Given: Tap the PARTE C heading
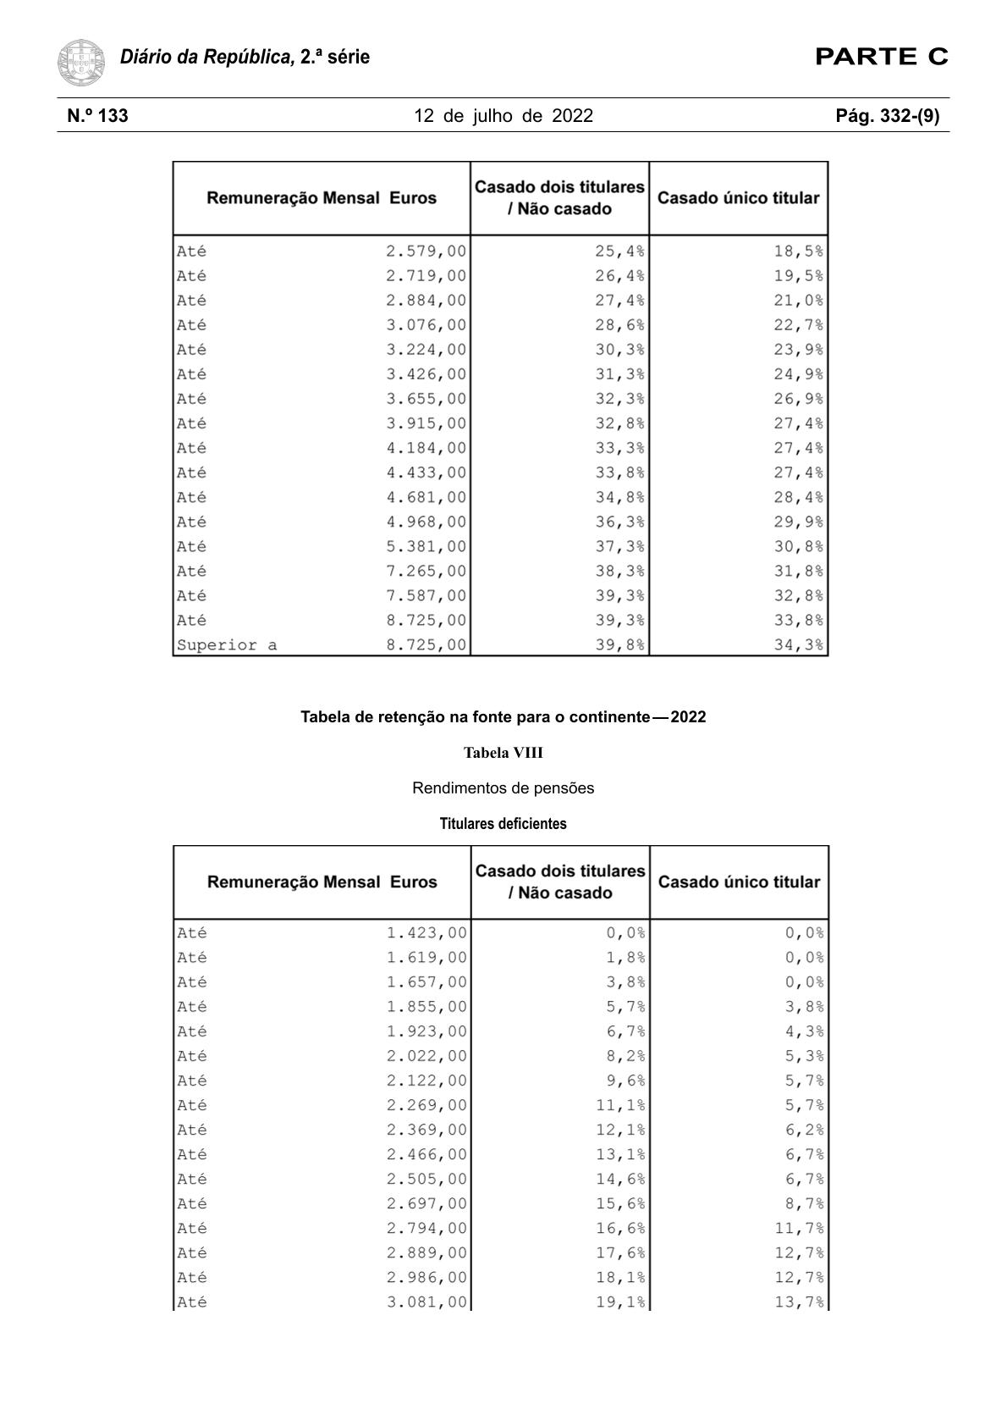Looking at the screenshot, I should [x=881, y=58].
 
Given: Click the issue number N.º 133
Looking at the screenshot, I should [x=98, y=116].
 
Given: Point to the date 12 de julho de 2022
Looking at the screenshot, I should [x=503, y=116].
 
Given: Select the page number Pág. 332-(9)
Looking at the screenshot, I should [x=887, y=116].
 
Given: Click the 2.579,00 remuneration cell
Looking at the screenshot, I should [x=426, y=251].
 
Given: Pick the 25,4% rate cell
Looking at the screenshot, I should [x=619, y=251].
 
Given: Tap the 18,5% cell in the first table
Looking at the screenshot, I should [x=798, y=251].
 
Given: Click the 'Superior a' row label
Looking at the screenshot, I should [x=227, y=645].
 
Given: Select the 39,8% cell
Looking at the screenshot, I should [x=619, y=645].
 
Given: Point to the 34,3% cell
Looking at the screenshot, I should [x=798, y=645].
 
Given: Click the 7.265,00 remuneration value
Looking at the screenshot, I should [x=426, y=572].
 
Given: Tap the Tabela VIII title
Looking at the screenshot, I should [x=503, y=753].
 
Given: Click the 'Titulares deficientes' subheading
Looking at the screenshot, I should [x=503, y=824].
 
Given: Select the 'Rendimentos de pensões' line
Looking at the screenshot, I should [x=503, y=788].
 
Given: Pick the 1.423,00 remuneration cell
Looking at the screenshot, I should [x=426, y=933].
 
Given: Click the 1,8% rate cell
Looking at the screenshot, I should [x=625, y=958].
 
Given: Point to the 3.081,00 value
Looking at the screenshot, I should [x=426, y=1302].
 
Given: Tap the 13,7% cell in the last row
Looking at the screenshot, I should [x=799, y=1302].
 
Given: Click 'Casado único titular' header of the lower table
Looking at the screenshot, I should [x=739, y=882].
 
